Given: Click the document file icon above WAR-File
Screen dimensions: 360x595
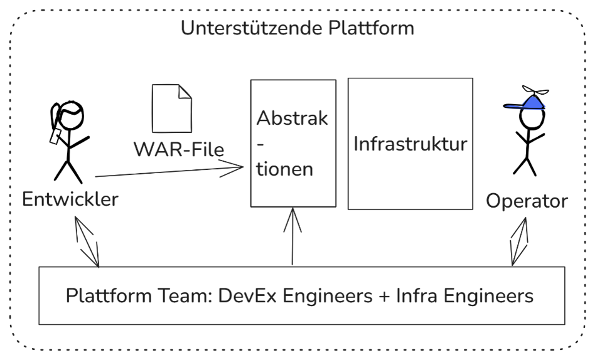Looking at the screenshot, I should coord(172,108).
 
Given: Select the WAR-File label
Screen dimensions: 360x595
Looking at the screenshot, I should coord(179,149).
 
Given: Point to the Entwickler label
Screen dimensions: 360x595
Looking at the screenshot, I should coord(70,200).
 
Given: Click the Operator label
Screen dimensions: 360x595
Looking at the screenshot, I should coord(527,201).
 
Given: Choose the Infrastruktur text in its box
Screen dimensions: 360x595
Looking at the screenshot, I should coord(410,144).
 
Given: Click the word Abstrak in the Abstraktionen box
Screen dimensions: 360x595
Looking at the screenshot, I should coord(292,119).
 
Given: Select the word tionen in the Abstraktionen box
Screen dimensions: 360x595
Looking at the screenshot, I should coord(285,169).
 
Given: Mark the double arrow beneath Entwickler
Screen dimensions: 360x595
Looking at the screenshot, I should coord(86,241).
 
